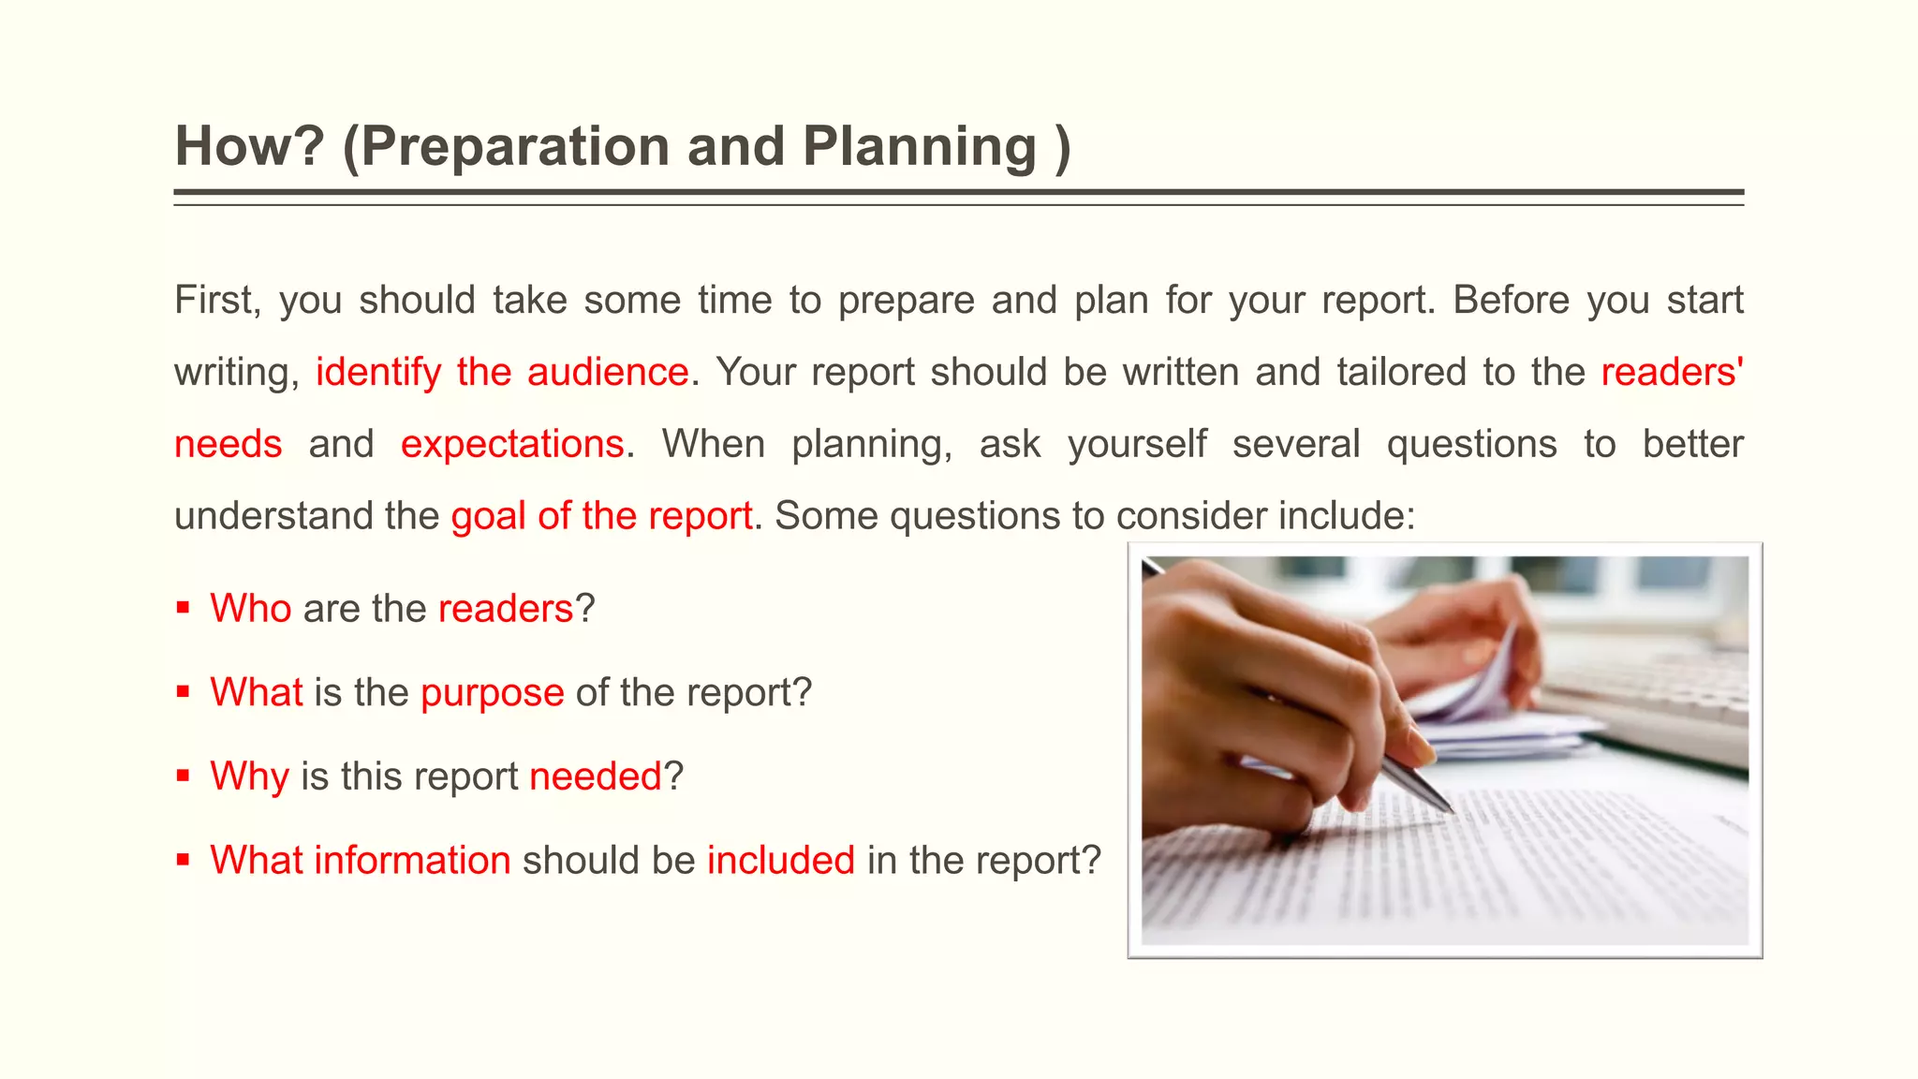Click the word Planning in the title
click(920, 147)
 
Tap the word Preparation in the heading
click(514, 147)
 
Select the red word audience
click(608, 373)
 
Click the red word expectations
click(512, 444)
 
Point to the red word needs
click(229, 444)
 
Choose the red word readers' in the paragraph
click(1672, 373)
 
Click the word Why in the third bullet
click(249, 776)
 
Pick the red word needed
click(596, 776)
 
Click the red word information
click(412, 861)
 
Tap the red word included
click(781, 861)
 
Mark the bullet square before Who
click(183, 609)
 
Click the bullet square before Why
click(183, 776)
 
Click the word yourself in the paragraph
click(1137, 444)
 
